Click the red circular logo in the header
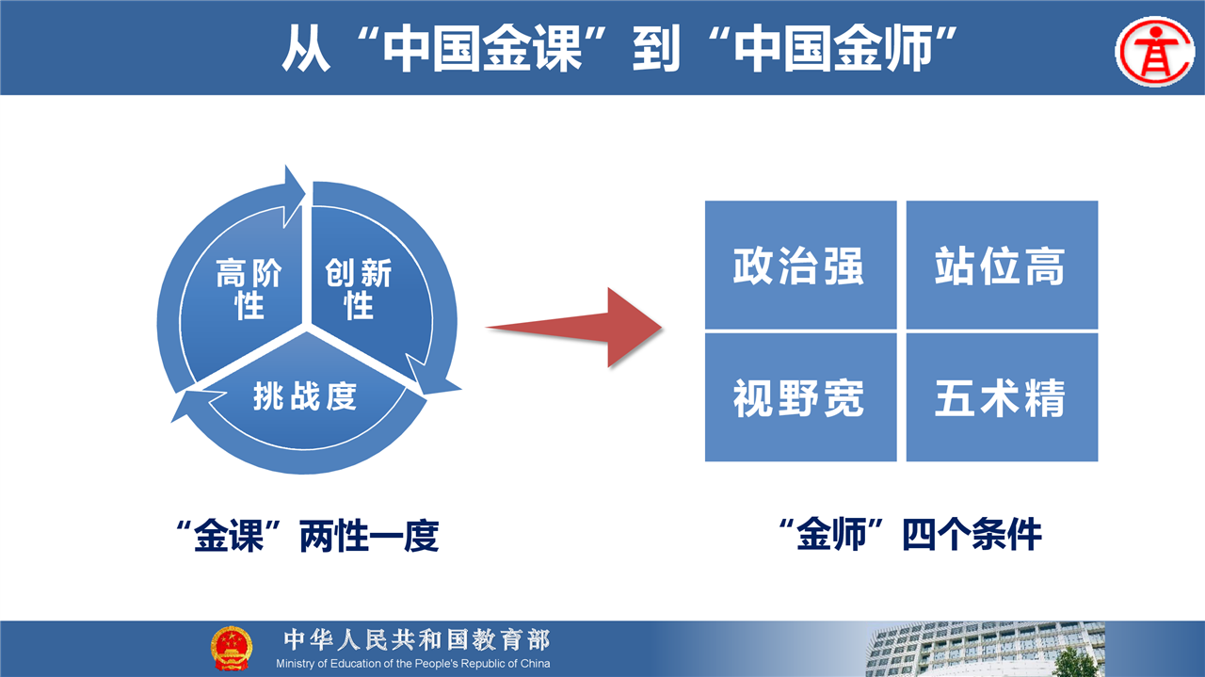(1154, 52)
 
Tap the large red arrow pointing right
(574, 327)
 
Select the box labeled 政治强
(800, 265)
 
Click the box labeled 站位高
(1002, 265)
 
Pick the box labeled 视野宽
(800, 397)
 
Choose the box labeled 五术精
(1002, 397)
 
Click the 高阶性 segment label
(249, 288)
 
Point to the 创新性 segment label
(359, 288)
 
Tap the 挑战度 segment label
(305, 396)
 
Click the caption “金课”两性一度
(307, 536)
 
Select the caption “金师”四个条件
(910, 535)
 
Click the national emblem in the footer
(231, 648)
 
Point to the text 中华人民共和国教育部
(417, 640)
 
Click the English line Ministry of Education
(413, 664)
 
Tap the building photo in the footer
(985, 649)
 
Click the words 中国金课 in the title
(483, 48)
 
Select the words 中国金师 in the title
(833, 48)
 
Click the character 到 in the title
(656, 48)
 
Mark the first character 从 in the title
(306, 48)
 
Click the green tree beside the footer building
(1074, 662)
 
